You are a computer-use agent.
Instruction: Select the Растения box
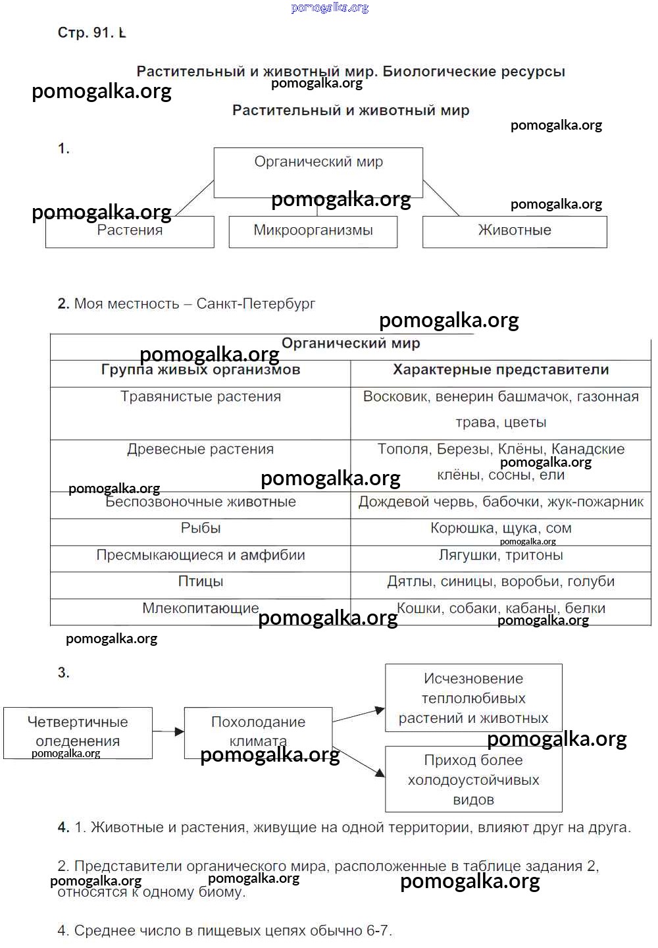click(x=130, y=231)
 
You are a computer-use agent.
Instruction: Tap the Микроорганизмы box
click(x=313, y=231)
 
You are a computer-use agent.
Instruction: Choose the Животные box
click(x=515, y=231)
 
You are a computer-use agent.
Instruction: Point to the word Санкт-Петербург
click(x=256, y=304)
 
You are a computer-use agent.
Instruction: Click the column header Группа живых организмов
click(x=201, y=371)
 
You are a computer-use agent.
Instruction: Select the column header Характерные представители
click(x=501, y=371)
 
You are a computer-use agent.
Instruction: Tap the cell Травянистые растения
click(x=201, y=397)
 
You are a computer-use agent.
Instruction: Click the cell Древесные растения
click(x=201, y=450)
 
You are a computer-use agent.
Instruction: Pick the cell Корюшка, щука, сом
click(x=501, y=529)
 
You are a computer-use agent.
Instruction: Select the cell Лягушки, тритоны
click(x=501, y=556)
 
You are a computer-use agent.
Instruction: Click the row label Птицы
click(x=201, y=582)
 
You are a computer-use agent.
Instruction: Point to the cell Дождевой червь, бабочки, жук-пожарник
click(x=501, y=502)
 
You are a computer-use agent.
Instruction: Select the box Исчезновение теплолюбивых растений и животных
click(x=474, y=698)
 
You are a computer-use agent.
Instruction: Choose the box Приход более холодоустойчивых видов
click(x=474, y=779)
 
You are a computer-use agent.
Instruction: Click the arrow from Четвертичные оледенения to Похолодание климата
click(x=168, y=731)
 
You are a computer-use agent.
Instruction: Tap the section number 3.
click(x=63, y=673)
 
